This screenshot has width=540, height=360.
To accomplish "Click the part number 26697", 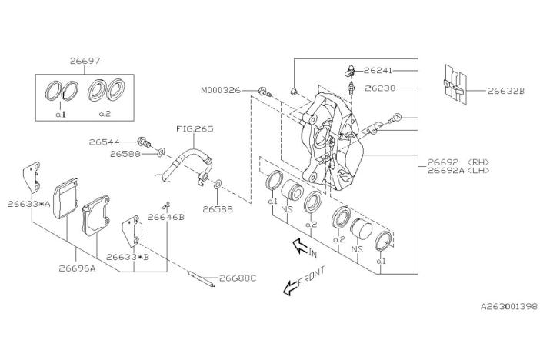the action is pyautogui.click(x=85, y=61).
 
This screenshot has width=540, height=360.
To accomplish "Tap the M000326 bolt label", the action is pyautogui.click(x=221, y=91).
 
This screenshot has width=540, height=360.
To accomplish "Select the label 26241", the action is pyautogui.click(x=378, y=71).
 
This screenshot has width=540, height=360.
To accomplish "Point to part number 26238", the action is pyautogui.click(x=380, y=88).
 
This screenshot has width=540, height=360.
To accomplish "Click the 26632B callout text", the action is pyautogui.click(x=506, y=91).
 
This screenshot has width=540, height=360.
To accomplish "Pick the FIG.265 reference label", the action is pyautogui.click(x=195, y=129).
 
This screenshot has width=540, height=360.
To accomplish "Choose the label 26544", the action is pyautogui.click(x=104, y=142).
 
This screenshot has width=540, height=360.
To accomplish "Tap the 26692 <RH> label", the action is pyautogui.click(x=458, y=162).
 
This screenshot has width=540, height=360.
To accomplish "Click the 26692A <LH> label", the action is pyautogui.click(x=458, y=170).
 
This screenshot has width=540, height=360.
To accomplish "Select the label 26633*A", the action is pyautogui.click(x=28, y=204).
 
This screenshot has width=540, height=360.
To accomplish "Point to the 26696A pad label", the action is pyautogui.click(x=77, y=268).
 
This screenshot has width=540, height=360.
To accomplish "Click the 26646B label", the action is pyautogui.click(x=166, y=217).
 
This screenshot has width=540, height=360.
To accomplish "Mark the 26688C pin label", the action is pyautogui.click(x=238, y=278).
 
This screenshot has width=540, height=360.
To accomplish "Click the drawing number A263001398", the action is pyautogui.click(x=509, y=307).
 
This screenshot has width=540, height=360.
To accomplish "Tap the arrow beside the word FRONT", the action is pyautogui.click(x=290, y=288).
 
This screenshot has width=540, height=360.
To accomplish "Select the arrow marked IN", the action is pyautogui.click(x=300, y=246).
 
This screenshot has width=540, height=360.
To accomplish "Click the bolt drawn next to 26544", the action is pyautogui.click(x=145, y=142).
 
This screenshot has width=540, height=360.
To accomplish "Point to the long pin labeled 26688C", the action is pyautogui.click(x=202, y=279).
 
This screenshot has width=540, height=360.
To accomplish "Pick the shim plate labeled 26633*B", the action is pyautogui.click(x=132, y=232).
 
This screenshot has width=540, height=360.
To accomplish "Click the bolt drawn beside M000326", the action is pyautogui.click(x=265, y=92).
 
